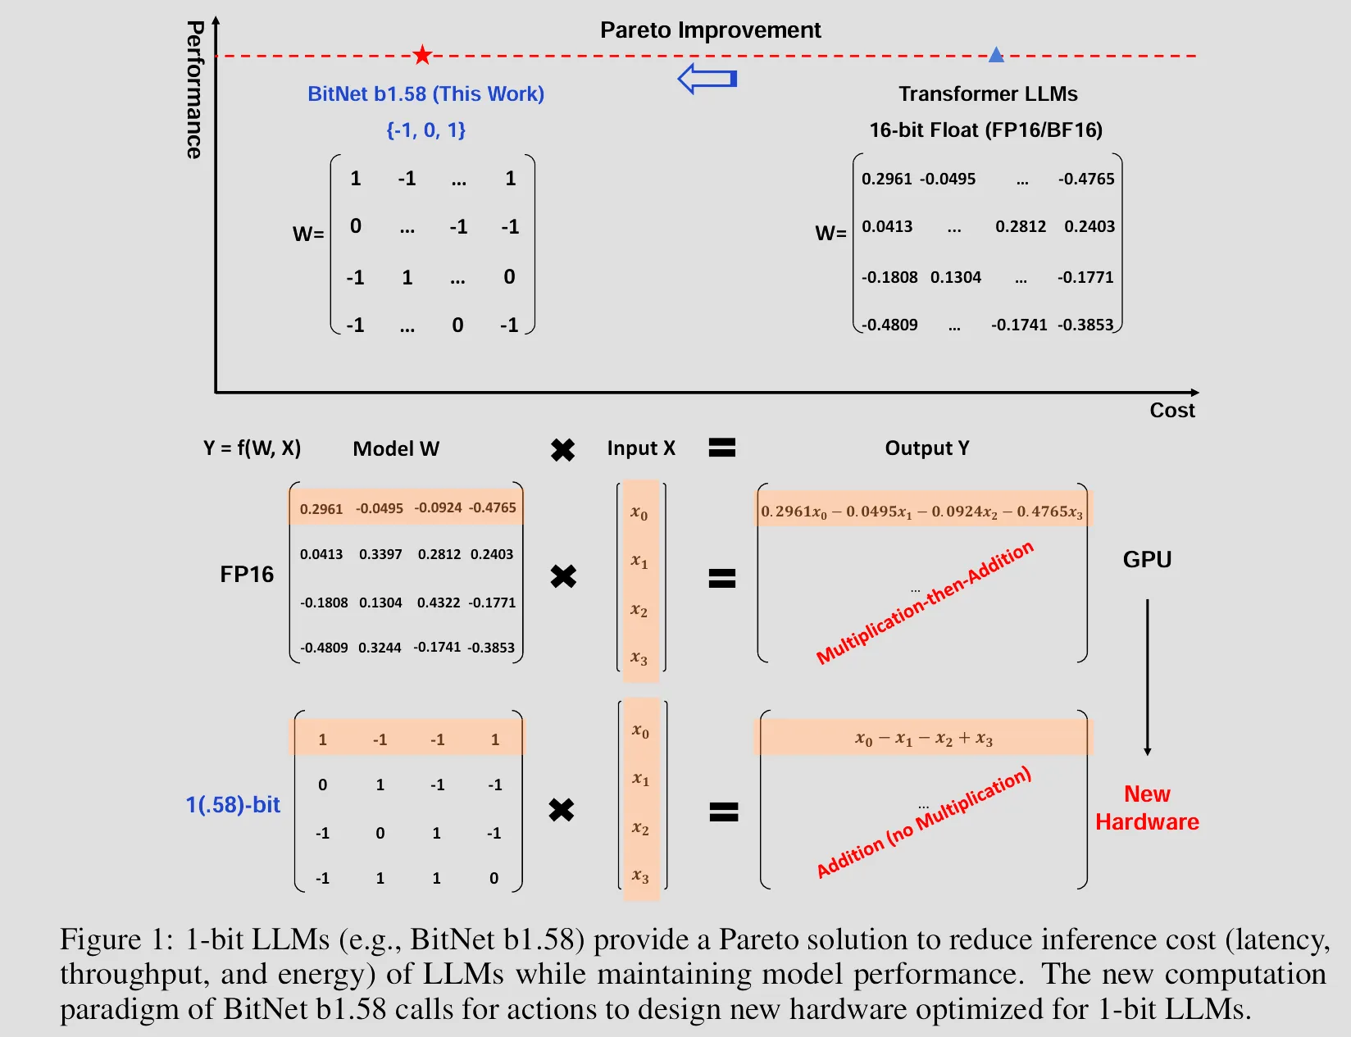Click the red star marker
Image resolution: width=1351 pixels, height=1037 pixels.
coord(422,55)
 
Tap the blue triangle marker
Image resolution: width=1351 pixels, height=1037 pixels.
coord(996,55)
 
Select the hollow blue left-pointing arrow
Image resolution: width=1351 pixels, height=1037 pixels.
coord(707,79)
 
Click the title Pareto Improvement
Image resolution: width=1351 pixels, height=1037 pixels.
coord(710,30)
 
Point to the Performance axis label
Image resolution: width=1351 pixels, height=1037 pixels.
coord(194,90)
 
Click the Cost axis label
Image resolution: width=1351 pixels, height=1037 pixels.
coord(1171,410)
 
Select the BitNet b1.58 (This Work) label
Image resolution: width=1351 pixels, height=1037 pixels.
coord(425,93)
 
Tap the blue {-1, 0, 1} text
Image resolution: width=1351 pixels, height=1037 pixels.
coord(425,130)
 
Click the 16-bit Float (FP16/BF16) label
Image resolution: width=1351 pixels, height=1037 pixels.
coord(985,130)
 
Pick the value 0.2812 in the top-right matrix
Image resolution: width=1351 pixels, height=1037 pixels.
coord(1020,226)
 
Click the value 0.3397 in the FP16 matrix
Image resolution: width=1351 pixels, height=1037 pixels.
coord(380,554)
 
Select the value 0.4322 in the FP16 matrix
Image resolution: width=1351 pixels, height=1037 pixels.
coord(439,603)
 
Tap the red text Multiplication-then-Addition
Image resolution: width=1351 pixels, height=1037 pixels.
coord(925,603)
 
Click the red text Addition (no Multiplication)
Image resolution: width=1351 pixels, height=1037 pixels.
coord(924,822)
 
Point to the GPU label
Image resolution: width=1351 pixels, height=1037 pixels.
coord(1147,559)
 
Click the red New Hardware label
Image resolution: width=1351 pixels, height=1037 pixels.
coord(1147,807)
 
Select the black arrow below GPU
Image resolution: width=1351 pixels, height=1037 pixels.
coord(1147,677)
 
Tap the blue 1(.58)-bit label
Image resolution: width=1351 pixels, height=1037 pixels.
coord(233,805)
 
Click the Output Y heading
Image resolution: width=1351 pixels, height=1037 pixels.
coord(926,448)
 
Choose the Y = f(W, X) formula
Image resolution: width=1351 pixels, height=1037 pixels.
coord(252,448)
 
